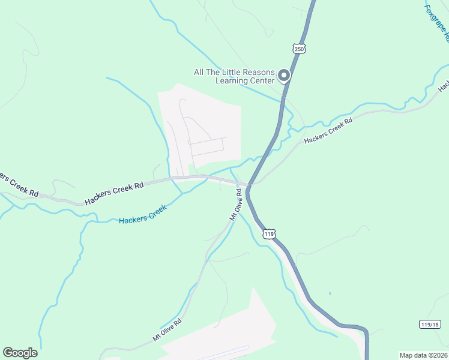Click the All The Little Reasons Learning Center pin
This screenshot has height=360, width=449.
pyautogui.click(x=284, y=76)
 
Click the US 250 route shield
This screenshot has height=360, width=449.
pyautogui.click(x=298, y=47)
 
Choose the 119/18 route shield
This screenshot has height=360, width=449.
pyautogui.click(x=429, y=324)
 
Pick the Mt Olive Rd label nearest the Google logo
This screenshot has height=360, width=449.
pyautogui.click(x=167, y=330)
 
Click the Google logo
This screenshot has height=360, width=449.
pyautogui.click(x=20, y=353)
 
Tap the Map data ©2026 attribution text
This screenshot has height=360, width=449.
pyautogui.click(x=424, y=355)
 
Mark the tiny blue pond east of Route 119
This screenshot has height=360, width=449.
pyautogui.click(x=330, y=294)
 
